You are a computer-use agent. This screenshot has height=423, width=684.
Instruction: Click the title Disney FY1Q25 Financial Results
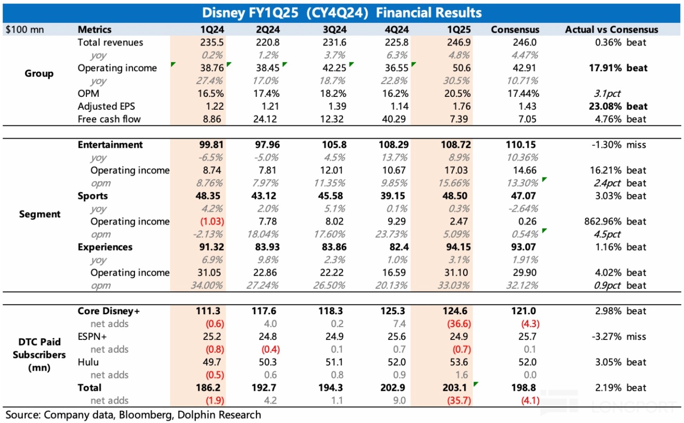click(342, 12)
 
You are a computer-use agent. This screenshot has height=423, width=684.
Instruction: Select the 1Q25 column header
click(458, 29)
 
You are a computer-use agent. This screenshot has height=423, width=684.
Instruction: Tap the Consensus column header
click(515, 29)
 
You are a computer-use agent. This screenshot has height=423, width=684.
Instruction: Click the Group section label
click(39, 74)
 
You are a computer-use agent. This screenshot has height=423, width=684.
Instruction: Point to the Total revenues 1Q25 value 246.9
click(458, 42)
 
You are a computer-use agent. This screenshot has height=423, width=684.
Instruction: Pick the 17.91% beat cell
click(618, 68)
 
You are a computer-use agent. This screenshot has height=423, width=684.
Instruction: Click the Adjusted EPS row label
click(106, 106)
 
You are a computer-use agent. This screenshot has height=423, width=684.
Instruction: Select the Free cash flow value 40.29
click(394, 119)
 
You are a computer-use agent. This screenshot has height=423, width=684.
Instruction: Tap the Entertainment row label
click(110, 145)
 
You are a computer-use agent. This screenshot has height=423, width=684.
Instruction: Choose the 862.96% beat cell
click(615, 222)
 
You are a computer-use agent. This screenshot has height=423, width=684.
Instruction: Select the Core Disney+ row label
click(109, 311)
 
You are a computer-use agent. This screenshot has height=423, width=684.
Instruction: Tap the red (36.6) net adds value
click(458, 324)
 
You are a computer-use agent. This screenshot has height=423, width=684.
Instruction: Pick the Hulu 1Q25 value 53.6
click(458, 362)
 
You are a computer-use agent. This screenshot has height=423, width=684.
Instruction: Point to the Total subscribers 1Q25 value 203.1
click(455, 388)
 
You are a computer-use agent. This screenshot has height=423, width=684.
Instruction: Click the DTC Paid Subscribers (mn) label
click(39, 355)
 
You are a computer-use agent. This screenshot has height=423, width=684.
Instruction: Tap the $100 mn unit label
click(25, 29)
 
